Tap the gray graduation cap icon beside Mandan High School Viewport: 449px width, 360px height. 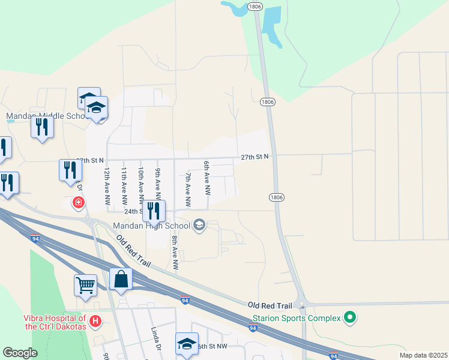click(x=199, y=226)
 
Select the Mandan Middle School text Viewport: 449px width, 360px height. click(x=47, y=116)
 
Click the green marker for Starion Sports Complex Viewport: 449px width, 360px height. click(x=349, y=317)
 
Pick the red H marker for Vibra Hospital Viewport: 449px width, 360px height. click(x=95, y=323)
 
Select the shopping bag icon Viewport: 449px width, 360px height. click(x=121, y=279)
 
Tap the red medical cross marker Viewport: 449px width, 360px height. click(x=78, y=203)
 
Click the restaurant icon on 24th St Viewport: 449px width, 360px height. click(x=154, y=211)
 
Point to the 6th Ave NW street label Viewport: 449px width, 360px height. click(x=206, y=178)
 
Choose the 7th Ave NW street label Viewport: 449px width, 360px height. click(x=188, y=189)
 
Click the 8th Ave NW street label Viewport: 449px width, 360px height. click(x=175, y=252)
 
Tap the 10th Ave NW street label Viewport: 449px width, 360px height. click(x=140, y=184)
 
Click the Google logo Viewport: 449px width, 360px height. click(x=20, y=353)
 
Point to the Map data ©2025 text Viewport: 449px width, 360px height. click(x=423, y=355)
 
